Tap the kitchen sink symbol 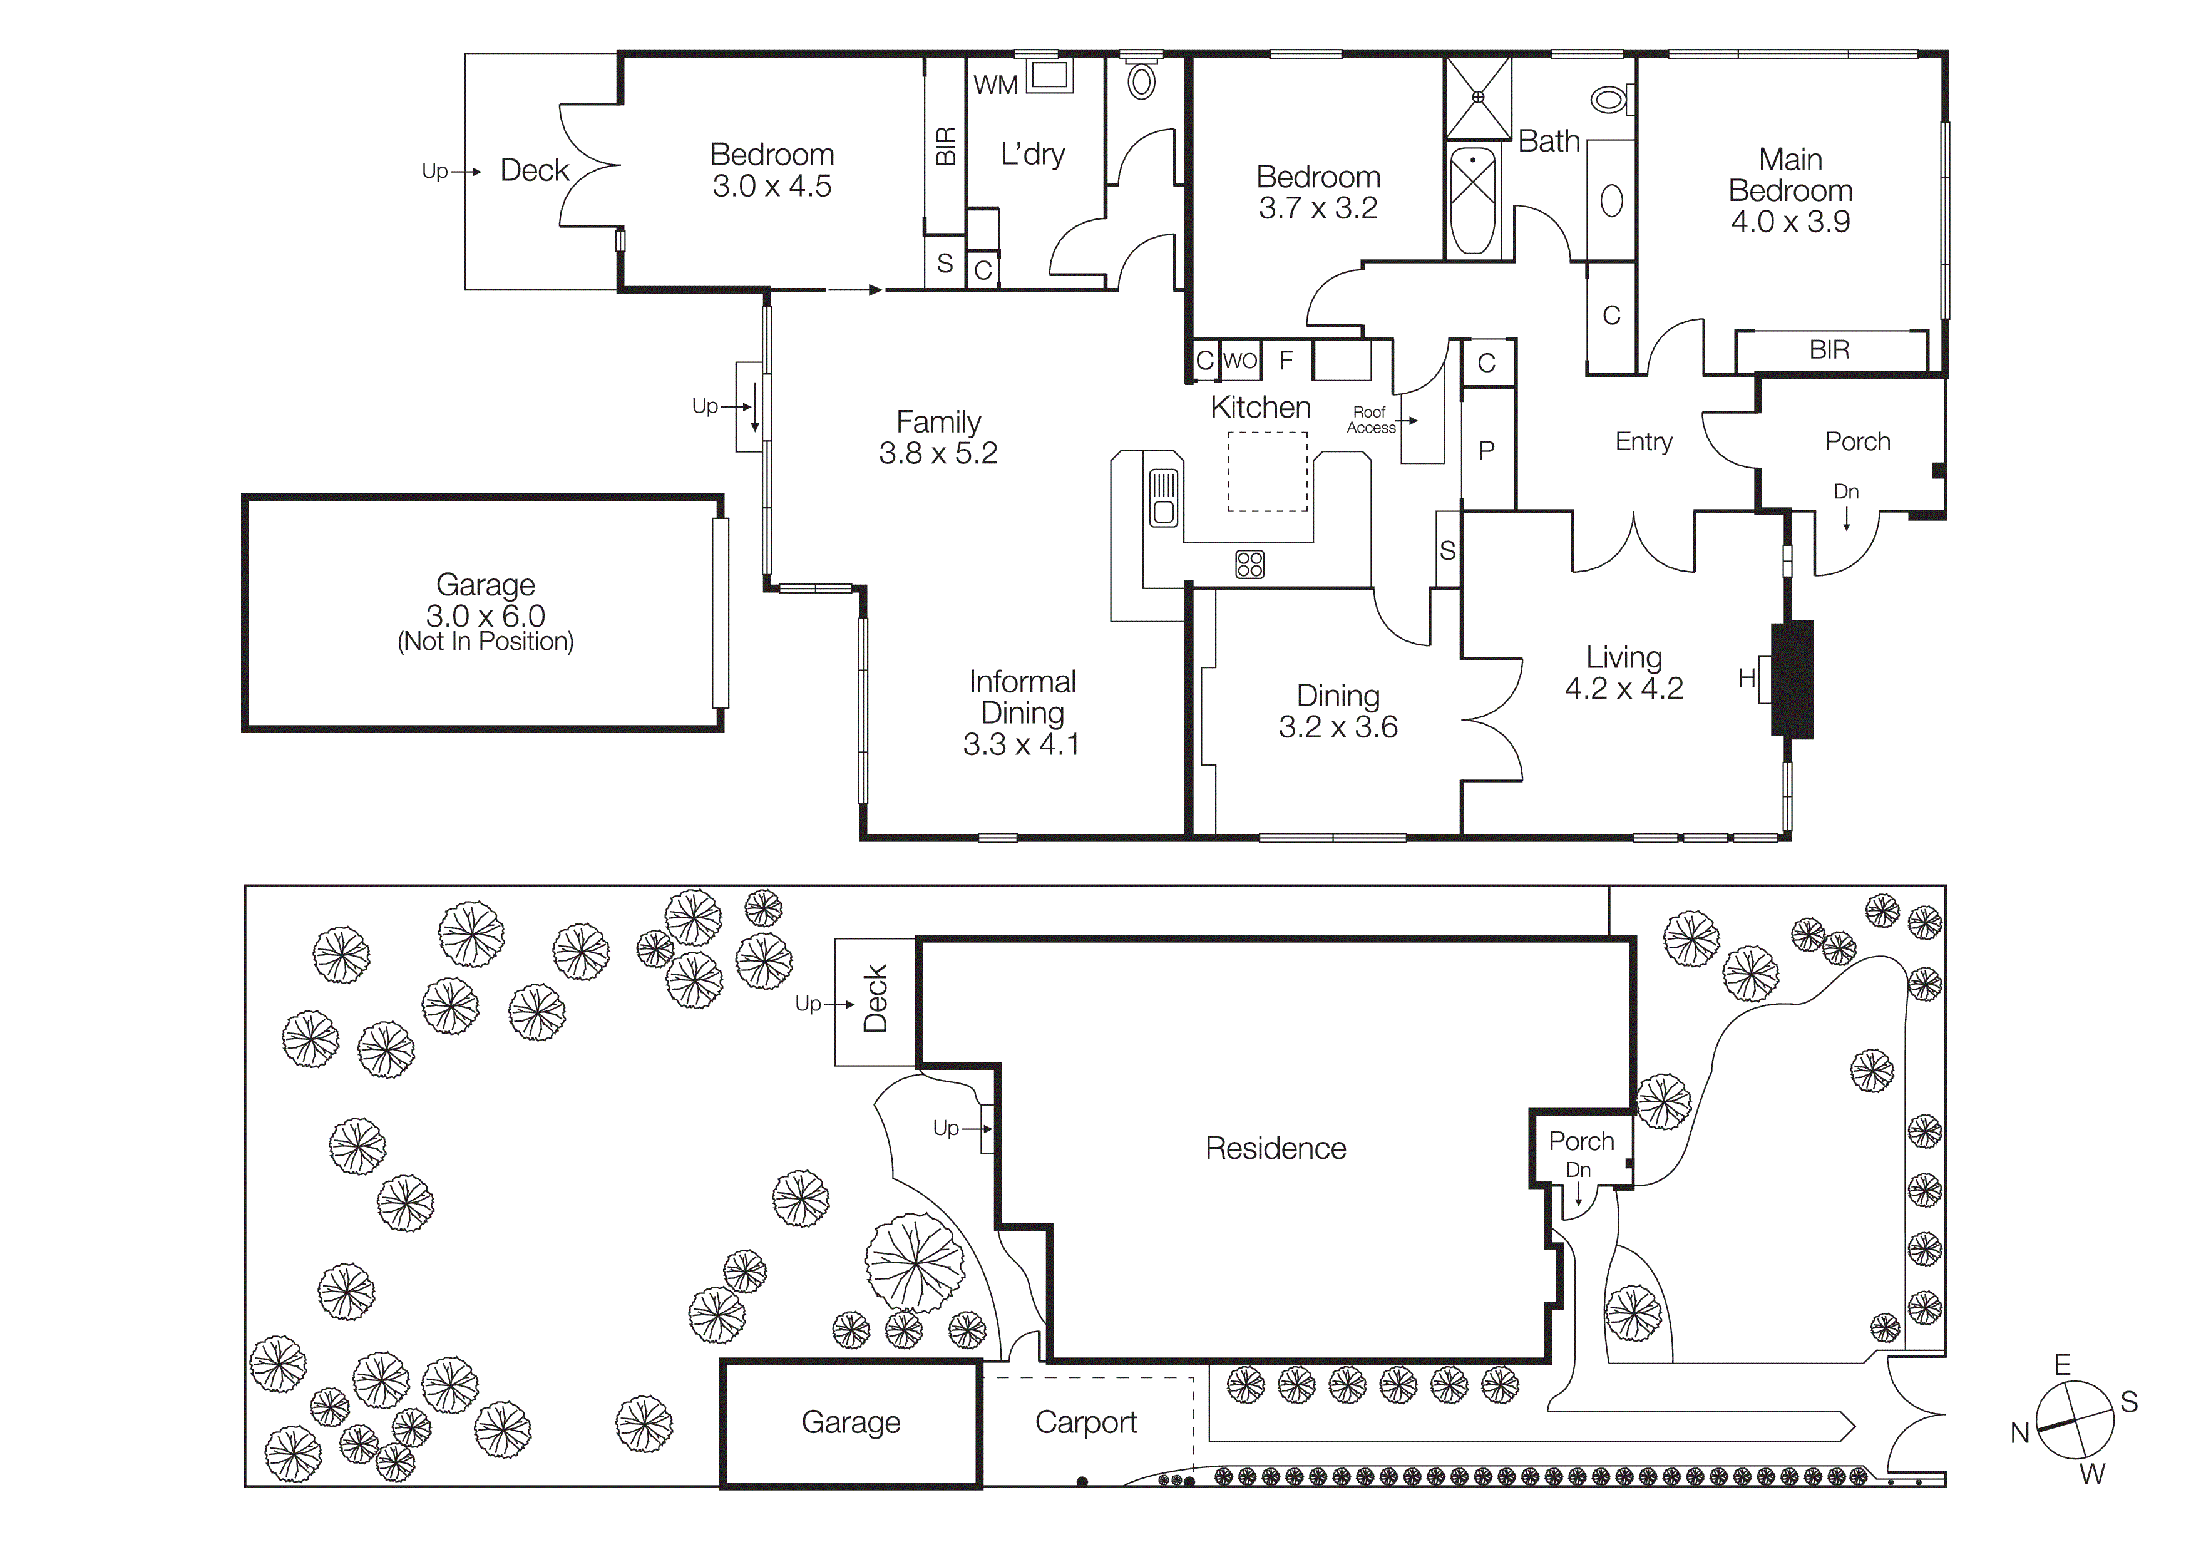tap(1163, 497)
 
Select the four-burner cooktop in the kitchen tap(1249, 564)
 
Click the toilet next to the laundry tap(1141, 81)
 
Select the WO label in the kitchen tap(1239, 361)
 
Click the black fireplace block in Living tap(1792, 679)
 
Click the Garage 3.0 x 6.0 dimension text tap(485, 616)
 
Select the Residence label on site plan tap(1275, 1148)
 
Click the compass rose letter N tap(2019, 1432)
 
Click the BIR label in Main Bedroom tap(1829, 350)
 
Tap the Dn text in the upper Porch tap(1846, 491)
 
